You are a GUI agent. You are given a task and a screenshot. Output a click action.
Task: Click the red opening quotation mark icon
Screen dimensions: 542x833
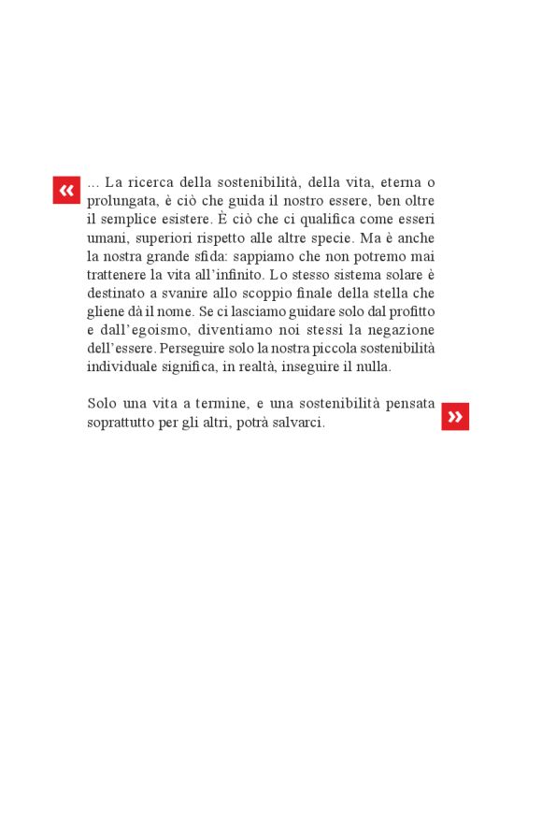tap(66, 190)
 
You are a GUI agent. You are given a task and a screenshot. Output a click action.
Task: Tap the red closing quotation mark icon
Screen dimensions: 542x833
tap(455, 417)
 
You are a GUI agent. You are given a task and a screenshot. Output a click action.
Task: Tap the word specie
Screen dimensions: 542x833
tap(332, 237)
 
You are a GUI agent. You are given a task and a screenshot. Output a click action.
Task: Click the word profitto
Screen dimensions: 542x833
tap(407, 311)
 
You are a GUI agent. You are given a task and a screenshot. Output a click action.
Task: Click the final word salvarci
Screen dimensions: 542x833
tap(296, 423)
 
